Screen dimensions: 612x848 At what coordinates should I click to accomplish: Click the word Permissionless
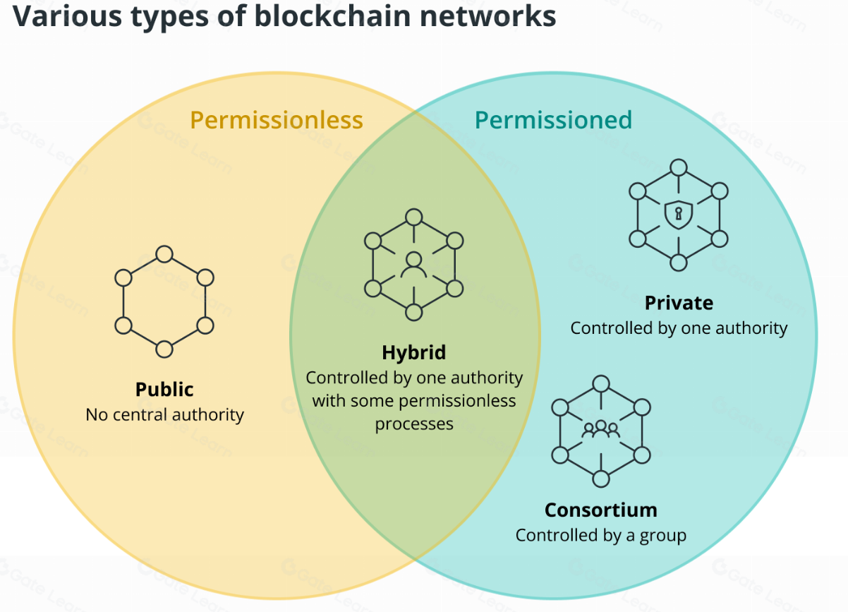click(x=277, y=120)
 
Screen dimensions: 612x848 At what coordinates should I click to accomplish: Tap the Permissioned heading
click(x=553, y=120)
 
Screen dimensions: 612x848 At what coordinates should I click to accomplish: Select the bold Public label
click(x=164, y=390)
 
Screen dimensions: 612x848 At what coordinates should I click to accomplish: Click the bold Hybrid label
click(x=414, y=353)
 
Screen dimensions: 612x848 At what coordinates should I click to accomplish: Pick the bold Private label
click(x=679, y=304)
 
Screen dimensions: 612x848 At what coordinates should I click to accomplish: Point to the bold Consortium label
click(x=600, y=510)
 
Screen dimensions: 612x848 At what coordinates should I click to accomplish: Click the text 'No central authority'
click(x=164, y=414)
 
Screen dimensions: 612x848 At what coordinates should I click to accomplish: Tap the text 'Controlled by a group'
click(x=600, y=535)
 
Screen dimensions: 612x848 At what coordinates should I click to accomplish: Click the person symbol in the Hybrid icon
click(x=414, y=265)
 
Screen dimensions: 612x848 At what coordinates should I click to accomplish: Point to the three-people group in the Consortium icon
click(x=600, y=428)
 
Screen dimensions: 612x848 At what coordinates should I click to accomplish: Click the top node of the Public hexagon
click(x=164, y=254)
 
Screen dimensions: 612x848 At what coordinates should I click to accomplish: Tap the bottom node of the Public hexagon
click(x=164, y=349)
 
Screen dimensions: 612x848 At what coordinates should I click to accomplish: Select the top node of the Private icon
click(x=678, y=167)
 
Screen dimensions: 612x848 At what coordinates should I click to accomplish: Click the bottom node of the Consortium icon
click(x=600, y=479)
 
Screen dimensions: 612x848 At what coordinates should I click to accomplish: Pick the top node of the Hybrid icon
click(x=414, y=217)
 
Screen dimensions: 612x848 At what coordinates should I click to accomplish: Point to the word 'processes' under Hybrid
click(x=414, y=424)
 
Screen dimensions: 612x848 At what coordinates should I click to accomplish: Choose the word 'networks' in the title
click(x=495, y=16)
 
